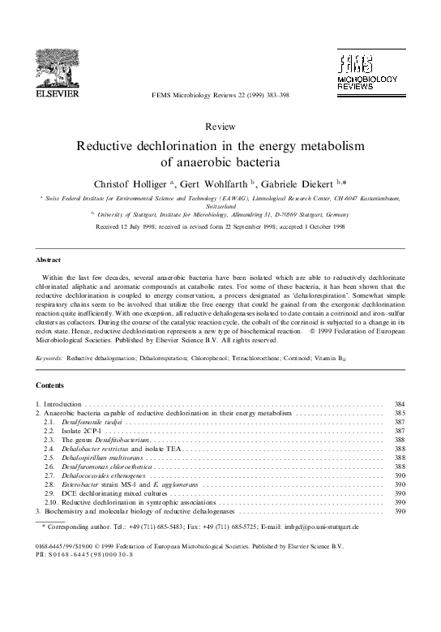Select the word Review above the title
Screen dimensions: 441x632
tap(220, 127)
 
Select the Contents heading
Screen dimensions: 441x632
tap(51, 385)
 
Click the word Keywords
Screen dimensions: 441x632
tap(51, 357)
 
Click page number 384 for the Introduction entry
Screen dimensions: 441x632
tap(398, 404)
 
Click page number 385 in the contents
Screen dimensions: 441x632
tap(398, 413)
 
